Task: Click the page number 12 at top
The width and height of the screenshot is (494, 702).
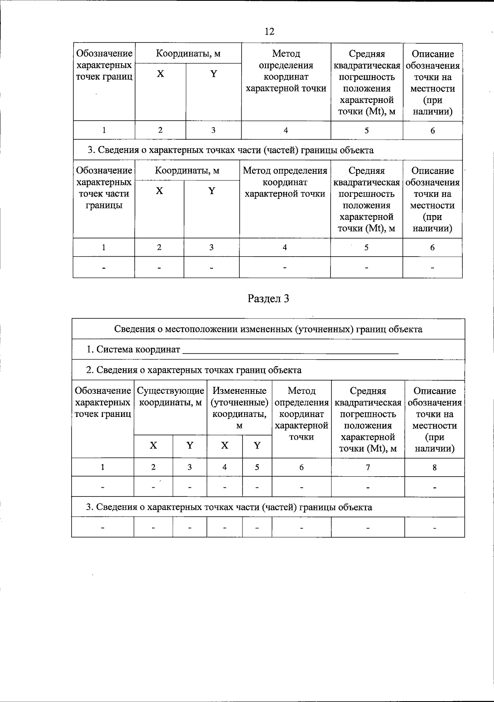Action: [270, 32]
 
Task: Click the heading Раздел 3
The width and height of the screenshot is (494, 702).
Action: [268, 299]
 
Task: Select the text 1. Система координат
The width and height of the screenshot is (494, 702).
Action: [133, 349]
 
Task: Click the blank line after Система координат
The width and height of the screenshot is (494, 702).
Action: [290, 350]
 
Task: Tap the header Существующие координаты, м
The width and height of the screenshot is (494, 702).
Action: [170, 397]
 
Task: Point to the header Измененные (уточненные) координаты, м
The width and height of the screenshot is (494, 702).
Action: [239, 408]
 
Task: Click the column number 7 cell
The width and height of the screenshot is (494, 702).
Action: [368, 467]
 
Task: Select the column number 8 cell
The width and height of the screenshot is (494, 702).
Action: [434, 467]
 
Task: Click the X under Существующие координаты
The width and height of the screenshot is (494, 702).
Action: [153, 446]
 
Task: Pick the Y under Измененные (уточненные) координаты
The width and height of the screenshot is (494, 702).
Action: [257, 446]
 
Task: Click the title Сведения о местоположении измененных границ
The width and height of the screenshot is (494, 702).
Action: [268, 329]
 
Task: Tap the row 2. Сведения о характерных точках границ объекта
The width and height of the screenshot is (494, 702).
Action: [193, 370]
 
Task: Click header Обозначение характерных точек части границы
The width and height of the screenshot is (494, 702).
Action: [104, 188]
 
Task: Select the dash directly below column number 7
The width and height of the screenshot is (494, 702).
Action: [368, 487]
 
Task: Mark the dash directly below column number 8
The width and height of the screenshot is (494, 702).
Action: [434, 487]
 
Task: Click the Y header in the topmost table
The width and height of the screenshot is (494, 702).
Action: [213, 74]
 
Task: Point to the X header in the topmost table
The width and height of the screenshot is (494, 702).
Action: [160, 74]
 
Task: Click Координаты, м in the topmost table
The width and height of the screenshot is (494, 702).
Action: [188, 54]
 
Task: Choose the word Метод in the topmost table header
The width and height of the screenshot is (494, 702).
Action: [286, 54]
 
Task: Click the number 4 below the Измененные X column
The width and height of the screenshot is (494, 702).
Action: [224, 467]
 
